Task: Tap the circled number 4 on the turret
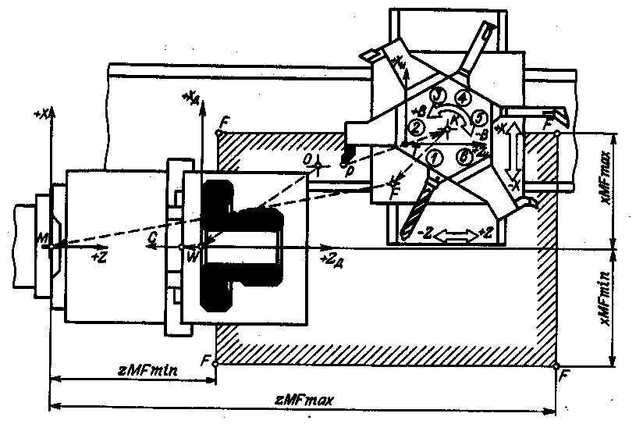pos(463,98)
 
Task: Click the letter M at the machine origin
pos(47,237)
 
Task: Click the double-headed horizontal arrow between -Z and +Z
pos(456,233)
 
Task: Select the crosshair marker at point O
pos(318,160)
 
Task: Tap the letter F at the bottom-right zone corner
pos(563,375)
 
